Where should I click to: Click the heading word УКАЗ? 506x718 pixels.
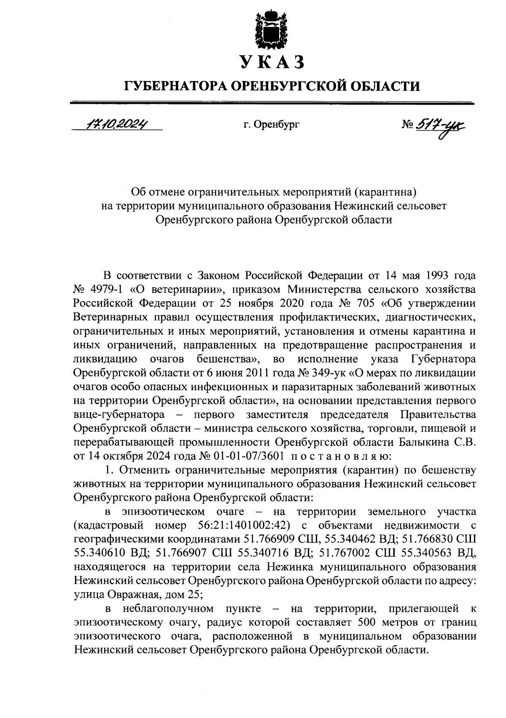(x=272, y=62)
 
